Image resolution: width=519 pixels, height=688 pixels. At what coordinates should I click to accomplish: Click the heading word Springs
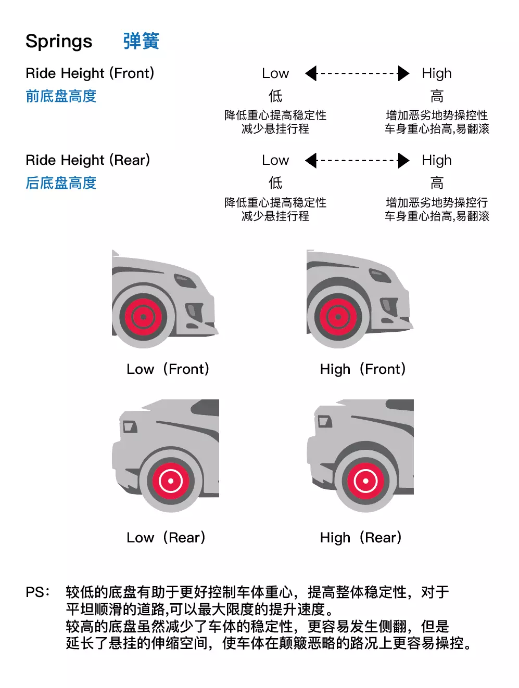(x=59, y=42)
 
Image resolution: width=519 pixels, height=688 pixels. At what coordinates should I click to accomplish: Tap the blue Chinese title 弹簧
(x=141, y=41)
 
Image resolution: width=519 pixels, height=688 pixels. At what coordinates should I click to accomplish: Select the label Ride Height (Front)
(x=90, y=73)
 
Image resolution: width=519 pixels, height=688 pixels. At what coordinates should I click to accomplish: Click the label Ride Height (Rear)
(x=88, y=160)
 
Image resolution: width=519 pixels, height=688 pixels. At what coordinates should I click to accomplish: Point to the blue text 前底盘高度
(x=61, y=96)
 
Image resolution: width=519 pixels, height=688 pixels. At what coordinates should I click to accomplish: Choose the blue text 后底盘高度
(x=61, y=183)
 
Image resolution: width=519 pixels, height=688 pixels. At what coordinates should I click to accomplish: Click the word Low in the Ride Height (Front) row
(x=275, y=74)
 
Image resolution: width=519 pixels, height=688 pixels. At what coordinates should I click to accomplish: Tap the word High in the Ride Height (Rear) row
(x=437, y=161)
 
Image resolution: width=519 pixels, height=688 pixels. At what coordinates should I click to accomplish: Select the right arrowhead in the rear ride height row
(x=403, y=161)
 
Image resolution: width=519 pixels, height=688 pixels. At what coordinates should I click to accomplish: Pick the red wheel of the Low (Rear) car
(x=170, y=481)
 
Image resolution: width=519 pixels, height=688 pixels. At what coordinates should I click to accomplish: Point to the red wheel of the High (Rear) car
(x=365, y=481)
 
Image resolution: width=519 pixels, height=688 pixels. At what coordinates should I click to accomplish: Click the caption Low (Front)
(x=168, y=369)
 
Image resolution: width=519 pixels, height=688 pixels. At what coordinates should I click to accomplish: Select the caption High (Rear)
(x=361, y=538)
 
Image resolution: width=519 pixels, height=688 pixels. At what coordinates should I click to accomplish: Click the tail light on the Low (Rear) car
(x=129, y=427)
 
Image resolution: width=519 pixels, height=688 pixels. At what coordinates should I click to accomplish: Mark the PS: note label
(x=37, y=592)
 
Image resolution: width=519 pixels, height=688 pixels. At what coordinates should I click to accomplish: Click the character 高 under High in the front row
(x=437, y=96)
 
